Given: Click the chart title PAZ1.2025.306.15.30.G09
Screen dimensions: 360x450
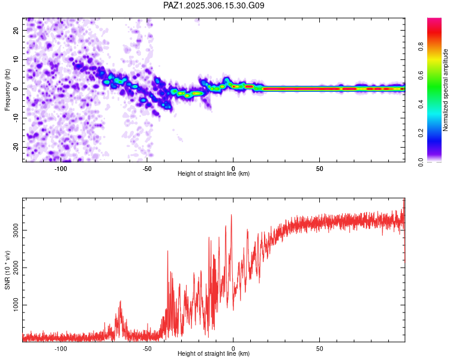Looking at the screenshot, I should coord(214,6).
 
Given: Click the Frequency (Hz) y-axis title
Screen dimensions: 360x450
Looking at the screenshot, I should coord(8,89).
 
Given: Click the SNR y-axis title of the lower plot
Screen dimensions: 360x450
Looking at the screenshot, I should coord(8,270).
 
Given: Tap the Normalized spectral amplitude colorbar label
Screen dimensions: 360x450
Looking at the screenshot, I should coord(446,90).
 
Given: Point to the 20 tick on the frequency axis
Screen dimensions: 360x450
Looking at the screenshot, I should coord(16,30).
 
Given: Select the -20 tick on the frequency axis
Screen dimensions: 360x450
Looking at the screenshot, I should coord(15,147).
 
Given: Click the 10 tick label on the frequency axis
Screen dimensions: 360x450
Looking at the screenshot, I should coord(16,59).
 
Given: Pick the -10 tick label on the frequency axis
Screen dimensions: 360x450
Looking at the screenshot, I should coord(15,118).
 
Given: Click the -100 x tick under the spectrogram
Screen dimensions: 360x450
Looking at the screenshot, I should coord(61,168).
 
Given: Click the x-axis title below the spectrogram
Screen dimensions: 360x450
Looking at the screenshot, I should coord(214,174).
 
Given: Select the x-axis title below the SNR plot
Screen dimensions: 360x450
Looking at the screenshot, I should coord(214,354).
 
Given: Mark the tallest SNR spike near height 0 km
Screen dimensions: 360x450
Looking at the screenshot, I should coord(232,215).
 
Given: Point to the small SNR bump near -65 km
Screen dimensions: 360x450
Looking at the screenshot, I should coord(121,302).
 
